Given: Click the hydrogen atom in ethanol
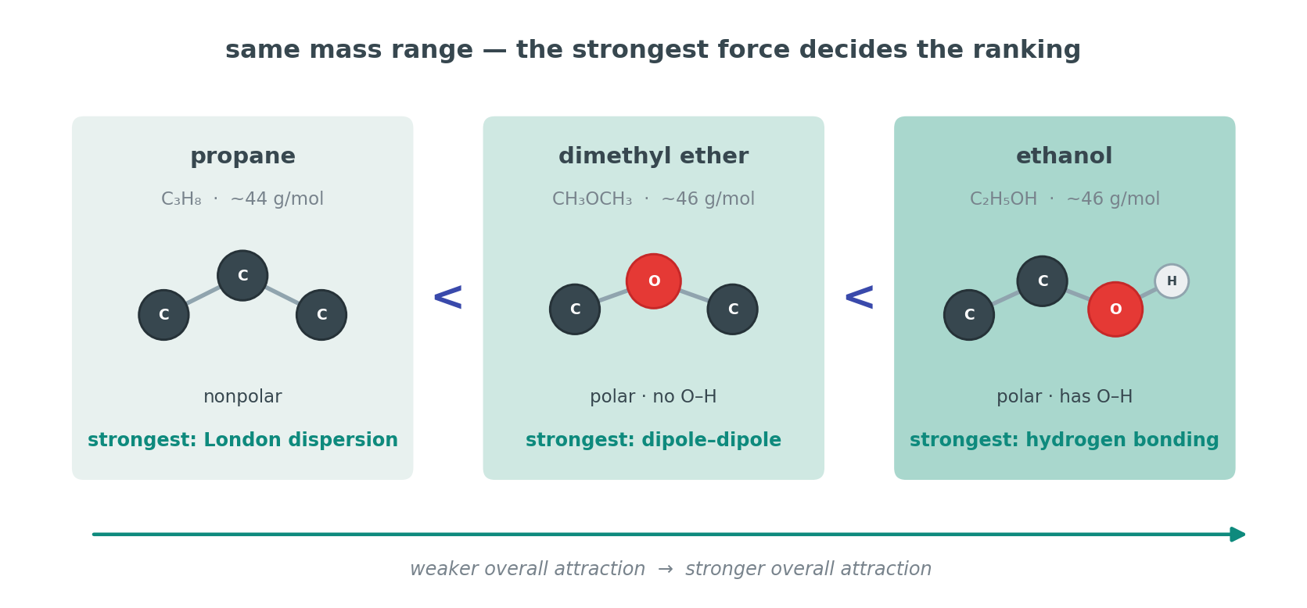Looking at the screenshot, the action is [1171, 281].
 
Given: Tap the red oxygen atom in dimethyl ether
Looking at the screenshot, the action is [654, 281].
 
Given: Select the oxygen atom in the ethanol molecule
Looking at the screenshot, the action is [1115, 309].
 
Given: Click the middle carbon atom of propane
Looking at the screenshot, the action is [242, 276].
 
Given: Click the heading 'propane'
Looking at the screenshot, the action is [242, 156].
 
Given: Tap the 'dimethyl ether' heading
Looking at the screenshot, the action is [654, 156].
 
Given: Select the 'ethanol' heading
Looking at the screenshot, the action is [1065, 156].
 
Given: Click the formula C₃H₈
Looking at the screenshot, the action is [181, 199].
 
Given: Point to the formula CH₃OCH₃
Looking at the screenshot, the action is [592, 199].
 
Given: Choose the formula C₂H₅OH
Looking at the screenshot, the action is [1004, 199].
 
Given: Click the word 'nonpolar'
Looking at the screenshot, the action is [242, 397].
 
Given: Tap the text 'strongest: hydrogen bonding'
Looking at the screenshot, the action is [1065, 440].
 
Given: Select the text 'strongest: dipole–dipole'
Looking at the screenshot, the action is [654, 440].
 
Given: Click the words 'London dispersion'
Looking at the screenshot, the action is [300, 440].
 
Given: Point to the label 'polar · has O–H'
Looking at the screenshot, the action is [1065, 397].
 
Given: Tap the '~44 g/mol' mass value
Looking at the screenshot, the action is [277, 199].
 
